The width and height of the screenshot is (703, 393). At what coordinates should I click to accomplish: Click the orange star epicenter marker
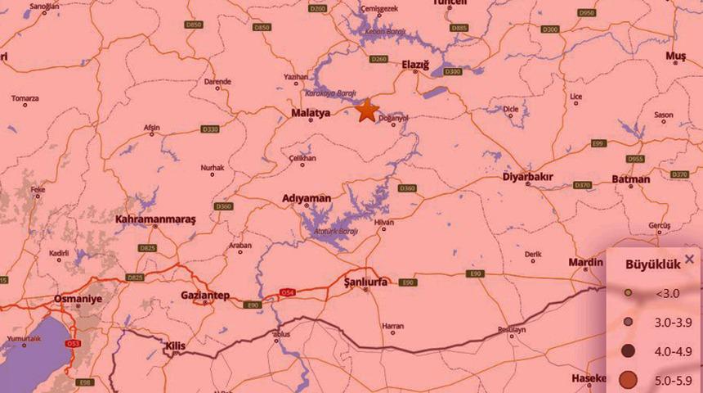pos(366,111)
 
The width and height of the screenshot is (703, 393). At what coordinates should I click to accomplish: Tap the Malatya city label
pos(311,113)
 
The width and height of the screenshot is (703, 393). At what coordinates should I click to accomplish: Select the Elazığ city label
pos(414,63)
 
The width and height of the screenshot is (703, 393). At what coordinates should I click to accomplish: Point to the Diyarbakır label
pos(526,176)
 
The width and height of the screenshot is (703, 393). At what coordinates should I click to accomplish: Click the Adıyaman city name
pos(306,198)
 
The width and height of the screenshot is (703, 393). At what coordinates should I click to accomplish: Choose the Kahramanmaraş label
pos(156,219)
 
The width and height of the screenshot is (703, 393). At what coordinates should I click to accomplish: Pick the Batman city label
pos(630,179)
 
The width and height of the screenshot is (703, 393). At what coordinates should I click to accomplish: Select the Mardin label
pos(585,263)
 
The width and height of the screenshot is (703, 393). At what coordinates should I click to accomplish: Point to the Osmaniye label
pos(78,299)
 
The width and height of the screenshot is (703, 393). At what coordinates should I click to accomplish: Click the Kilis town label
pos(175,346)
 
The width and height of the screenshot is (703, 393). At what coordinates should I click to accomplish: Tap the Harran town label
pos(393,325)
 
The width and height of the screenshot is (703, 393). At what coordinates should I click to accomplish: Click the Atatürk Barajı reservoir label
pos(335,232)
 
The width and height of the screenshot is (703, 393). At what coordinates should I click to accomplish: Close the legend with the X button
pos(689,259)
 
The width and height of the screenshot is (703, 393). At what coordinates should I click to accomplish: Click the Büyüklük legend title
pos(647,264)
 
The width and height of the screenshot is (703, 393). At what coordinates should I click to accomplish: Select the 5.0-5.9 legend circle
pos(628,379)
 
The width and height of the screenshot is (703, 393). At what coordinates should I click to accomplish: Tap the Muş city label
pos(675,55)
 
